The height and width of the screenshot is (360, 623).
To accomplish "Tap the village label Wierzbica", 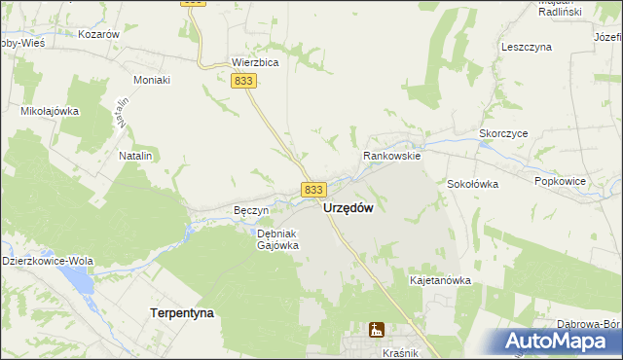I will (256, 61).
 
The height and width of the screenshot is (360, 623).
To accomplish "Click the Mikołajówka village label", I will (50, 111).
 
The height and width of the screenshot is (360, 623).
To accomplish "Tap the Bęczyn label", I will (251, 210).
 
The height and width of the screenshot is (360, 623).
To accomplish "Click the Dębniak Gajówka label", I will (276, 239).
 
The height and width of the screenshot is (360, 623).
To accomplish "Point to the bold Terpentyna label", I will (182, 312).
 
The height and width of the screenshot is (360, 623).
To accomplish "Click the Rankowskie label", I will (391, 155).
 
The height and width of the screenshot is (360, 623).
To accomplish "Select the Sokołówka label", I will (473, 183).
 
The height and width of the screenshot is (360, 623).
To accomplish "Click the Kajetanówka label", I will (440, 280).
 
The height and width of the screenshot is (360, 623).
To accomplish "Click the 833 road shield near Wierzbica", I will (244, 84).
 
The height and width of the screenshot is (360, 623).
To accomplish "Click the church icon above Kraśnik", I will (376, 331).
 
